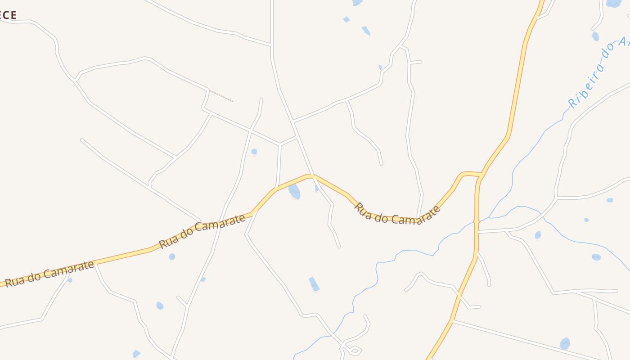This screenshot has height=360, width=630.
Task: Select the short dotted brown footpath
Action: coord(221,96)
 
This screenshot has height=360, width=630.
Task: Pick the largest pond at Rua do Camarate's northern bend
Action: coord(294,191)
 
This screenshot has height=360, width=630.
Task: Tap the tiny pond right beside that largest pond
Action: coord(317,188)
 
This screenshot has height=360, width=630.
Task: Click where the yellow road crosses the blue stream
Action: coord(477,221)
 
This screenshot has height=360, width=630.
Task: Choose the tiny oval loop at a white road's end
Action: coord(355,350)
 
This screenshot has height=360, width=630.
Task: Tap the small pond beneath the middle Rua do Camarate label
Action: coord(172,256)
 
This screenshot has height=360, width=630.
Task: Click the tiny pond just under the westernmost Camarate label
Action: coord(70,280)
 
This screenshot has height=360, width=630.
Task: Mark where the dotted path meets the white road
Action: coord(209,90)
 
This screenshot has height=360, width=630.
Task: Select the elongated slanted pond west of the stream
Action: coord(314,284)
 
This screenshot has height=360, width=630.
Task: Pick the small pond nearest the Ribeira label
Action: coord(595,36)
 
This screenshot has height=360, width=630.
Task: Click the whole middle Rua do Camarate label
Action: coord(202,230)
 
